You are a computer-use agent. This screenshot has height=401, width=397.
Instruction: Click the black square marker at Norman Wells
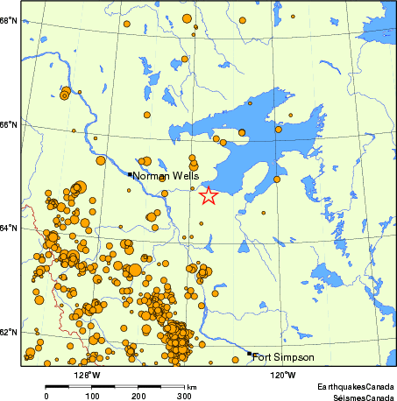click(x=130, y=174)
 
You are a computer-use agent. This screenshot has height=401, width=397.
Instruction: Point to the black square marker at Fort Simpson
click(x=250, y=354)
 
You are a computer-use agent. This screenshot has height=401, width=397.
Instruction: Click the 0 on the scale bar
click(x=46, y=396)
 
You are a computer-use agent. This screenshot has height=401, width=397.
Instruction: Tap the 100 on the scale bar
click(x=91, y=396)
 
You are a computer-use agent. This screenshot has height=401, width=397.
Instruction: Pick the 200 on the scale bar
click(x=138, y=396)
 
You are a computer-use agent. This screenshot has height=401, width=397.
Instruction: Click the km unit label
click(x=191, y=386)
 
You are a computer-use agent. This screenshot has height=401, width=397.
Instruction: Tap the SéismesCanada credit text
click(x=357, y=396)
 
